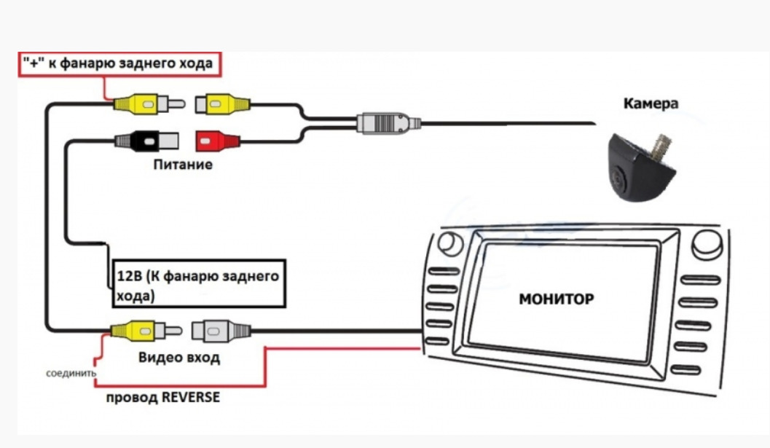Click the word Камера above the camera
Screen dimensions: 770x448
tap(651, 103)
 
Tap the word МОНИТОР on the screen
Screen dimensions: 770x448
tap(557, 299)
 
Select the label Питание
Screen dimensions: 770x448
tap(183, 165)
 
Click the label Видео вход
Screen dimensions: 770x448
tap(178, 358)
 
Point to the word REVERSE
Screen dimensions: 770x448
tap(191, 397)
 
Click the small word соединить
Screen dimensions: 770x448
tap(71, 373)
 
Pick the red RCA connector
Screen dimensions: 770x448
tap(218, 141)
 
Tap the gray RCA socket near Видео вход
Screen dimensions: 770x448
tap(221, 331)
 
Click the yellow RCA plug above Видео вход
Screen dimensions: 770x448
tap(146, 331)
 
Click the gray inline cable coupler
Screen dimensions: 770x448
tap(388, 123)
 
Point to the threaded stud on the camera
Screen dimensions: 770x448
tap(663, 144)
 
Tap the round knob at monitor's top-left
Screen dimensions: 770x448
tap(450, 243)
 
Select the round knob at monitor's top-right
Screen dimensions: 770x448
tap(707, 245)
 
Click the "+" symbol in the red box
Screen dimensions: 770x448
tap(34, 63)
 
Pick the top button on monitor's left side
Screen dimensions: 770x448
tap(444, 271)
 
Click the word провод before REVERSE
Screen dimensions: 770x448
tap(132, 398)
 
